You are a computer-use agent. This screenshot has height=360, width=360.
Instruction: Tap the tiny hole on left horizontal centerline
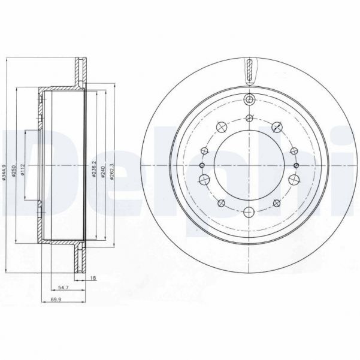[202, 165]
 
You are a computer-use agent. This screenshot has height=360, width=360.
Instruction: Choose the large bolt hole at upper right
[278, 126]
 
